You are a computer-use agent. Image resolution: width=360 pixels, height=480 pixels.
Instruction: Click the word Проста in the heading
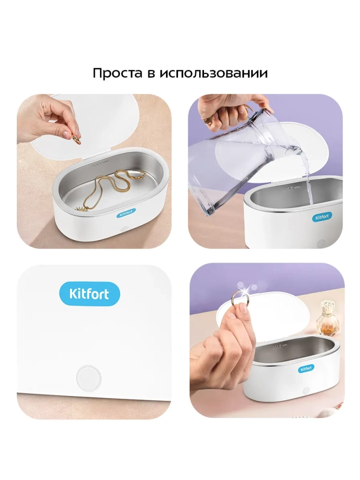pyautogui.click(x=118, y=73)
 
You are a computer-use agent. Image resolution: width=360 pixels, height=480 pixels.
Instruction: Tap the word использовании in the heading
pyautogui.click(x=214, y=73)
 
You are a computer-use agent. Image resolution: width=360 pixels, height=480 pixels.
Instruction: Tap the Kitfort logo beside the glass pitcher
pyautogui.click(x=322, y=217)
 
